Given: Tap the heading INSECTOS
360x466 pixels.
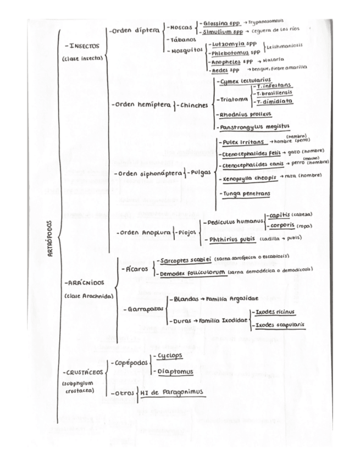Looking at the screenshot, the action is [x=81, y=47].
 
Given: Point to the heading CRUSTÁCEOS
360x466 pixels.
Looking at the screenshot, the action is [x=83, y=371].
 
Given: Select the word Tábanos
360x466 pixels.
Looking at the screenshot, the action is [x=182, y=40].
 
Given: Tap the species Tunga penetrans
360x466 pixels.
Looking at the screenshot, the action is [x=246, y=195].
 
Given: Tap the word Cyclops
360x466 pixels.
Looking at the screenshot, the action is [x=169, y=356].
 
